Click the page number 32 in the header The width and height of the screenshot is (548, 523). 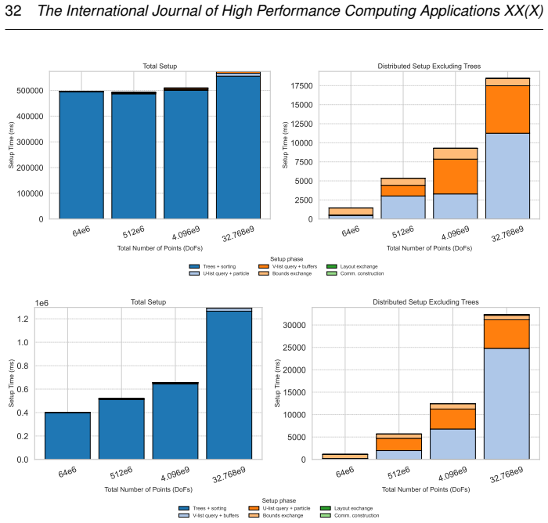pos(13,11)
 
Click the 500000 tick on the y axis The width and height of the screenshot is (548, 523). pos(30,91)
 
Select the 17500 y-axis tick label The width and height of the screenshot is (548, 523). pos(301,86)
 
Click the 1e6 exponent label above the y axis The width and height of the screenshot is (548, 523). pos(41,303)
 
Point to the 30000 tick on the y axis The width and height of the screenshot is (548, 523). pos(294,325)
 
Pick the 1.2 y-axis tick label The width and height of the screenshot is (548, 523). pos(23,319)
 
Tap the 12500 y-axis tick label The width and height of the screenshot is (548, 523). pos(301,124)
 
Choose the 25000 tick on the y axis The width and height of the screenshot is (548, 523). pos(294,348)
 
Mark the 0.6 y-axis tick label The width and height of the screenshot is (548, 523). pos(23,389)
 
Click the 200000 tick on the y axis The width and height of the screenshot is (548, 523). pos(30,168)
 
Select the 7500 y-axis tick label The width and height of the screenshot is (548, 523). pos(304,162)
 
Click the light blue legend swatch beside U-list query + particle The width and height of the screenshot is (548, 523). pos(194,273)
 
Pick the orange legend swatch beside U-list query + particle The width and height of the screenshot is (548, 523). pos(254,508)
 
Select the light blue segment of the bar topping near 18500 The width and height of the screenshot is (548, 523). pos(507,176)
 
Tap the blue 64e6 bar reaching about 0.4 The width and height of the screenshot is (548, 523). pos(68,436)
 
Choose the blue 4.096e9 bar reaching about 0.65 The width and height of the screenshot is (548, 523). pos(175,421)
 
